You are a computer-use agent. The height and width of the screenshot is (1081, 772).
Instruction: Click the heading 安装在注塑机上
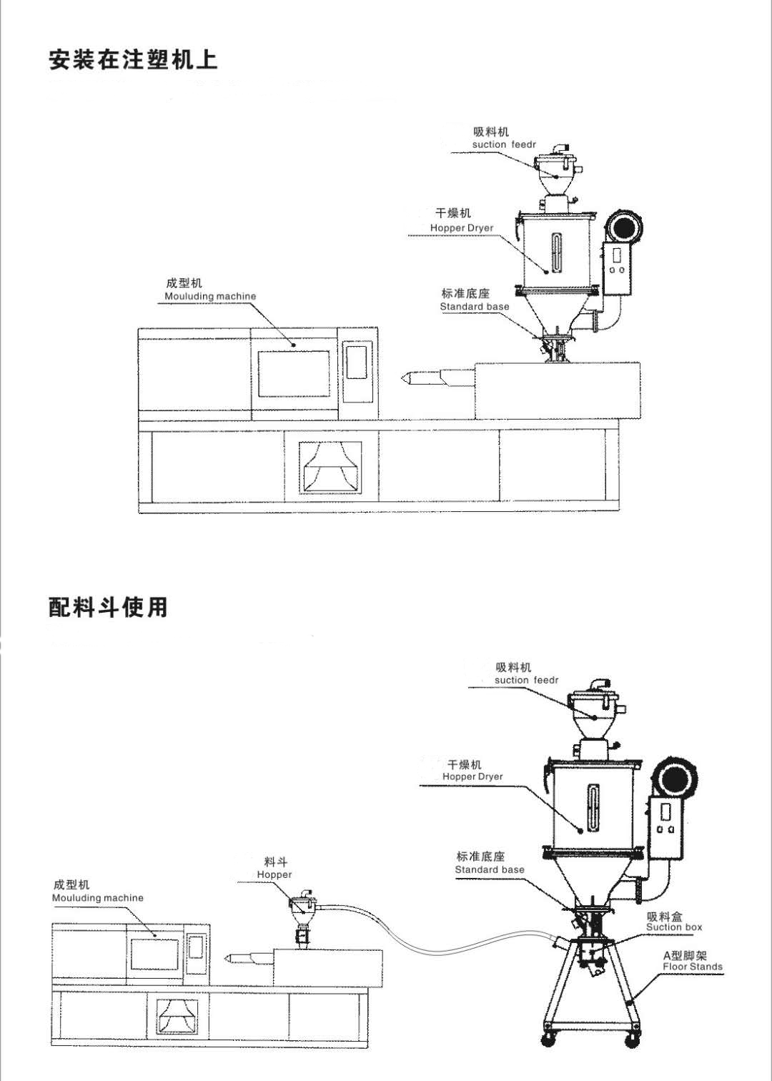[133, 59]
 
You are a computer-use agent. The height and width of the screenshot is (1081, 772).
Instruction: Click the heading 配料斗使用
[108, 607]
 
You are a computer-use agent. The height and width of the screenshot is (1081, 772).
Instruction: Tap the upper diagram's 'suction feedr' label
[503, 144]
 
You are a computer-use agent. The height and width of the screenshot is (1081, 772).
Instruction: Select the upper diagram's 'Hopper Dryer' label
[461, 228]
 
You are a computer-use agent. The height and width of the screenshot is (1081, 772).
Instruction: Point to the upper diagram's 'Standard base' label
[474, 307]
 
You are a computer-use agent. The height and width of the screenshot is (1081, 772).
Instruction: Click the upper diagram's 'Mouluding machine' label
[209, 296]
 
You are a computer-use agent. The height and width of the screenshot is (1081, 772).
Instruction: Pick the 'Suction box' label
[673, 927]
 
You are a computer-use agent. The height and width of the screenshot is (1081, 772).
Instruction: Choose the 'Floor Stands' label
[692, 967]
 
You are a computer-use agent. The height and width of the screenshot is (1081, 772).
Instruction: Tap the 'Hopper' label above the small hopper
[274, 874]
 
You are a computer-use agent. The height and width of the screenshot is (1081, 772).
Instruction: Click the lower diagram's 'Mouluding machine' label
[97, 898]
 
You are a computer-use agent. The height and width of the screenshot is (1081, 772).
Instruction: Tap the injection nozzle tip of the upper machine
[405, 377]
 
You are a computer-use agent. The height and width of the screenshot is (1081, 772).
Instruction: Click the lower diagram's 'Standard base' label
[489, 870]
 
